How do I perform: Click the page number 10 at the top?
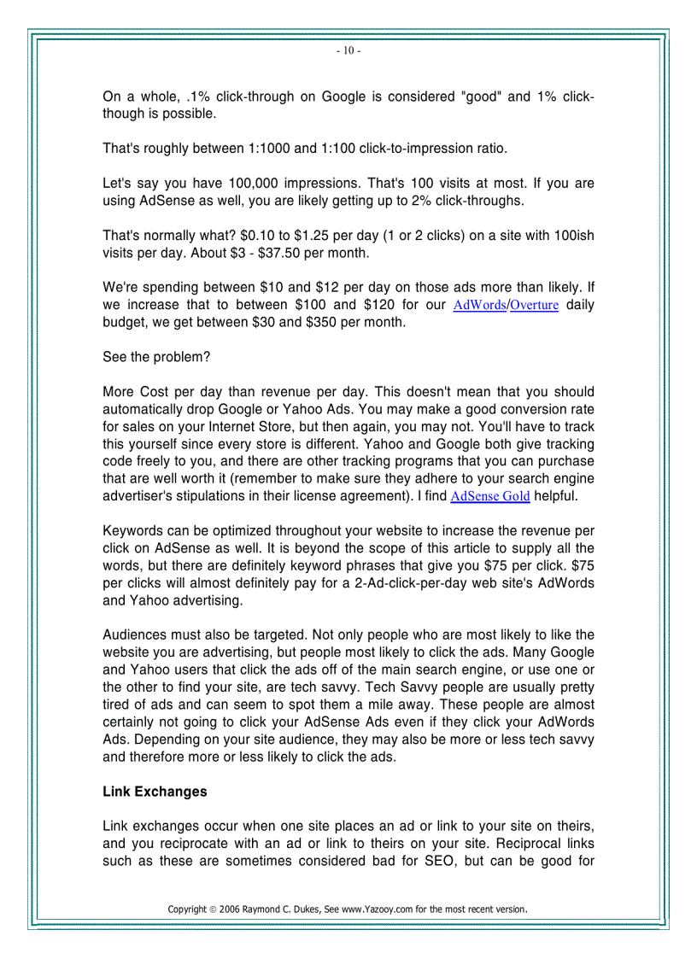pyautogui.click(x=348, y=51)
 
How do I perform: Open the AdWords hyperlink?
pyautogui.click(x=479, y=306)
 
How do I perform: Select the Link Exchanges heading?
pyautogui.click(x=155, y=792)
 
